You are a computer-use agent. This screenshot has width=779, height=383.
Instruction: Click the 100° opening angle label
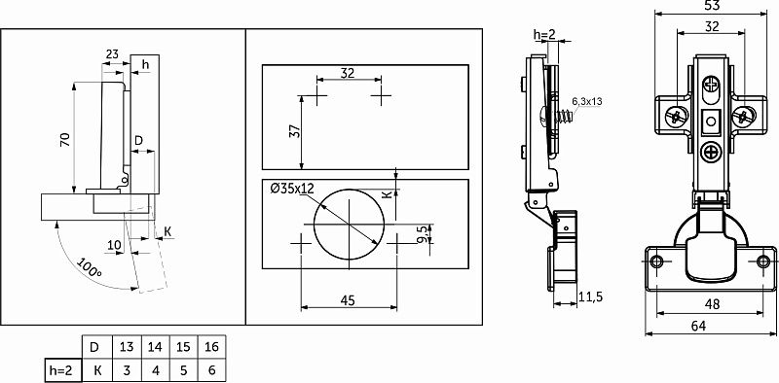coord(89,267)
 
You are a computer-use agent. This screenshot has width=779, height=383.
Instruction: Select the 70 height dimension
coord(65,139)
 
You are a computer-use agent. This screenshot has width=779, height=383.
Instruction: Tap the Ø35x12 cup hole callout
coord(293,189)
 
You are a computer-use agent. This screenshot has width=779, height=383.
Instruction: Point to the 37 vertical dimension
coord(295,131)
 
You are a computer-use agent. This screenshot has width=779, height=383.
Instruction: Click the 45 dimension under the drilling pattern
coord(349,300)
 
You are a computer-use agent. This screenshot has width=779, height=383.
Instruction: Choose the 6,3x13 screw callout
coord(587,102)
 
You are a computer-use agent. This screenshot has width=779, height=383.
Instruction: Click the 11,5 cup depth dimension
coord(591,296)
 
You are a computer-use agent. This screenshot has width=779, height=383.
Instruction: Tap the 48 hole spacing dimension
coord(712,304)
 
